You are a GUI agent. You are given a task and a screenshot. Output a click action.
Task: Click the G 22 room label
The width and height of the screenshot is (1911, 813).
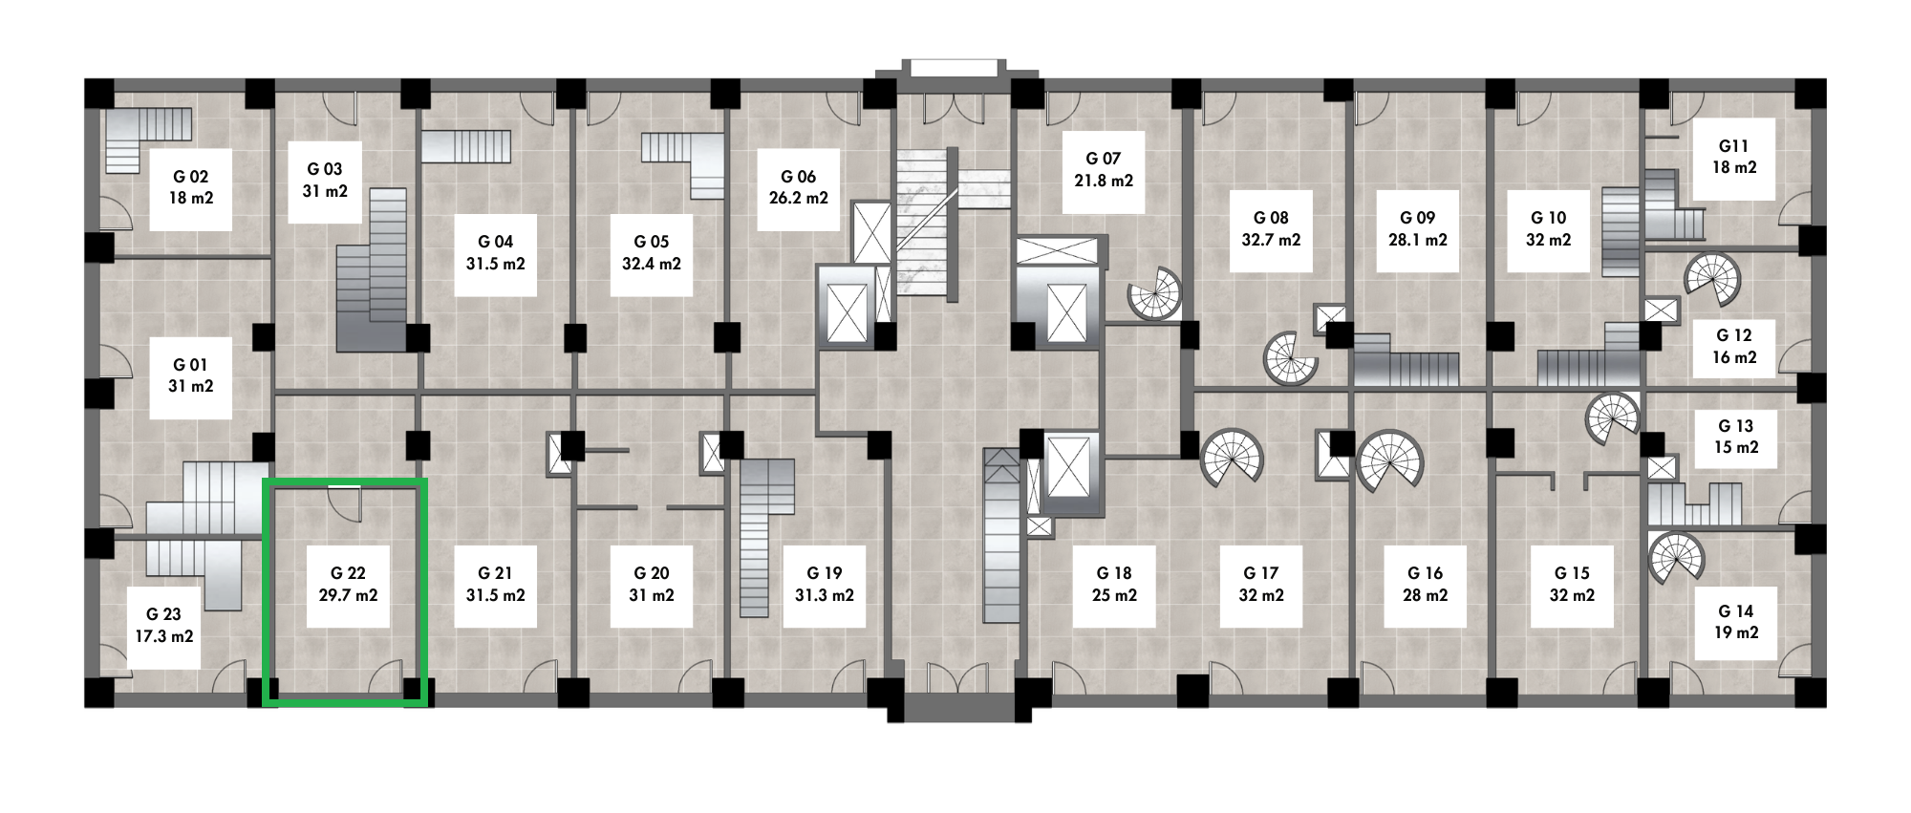[348, 573]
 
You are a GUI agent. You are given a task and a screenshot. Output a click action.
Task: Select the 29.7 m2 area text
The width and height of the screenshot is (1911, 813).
[348, 595]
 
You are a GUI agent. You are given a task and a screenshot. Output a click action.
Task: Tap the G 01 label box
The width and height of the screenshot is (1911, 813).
[191, 376]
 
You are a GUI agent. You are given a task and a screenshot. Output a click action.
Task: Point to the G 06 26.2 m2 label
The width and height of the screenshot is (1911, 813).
[799, 188]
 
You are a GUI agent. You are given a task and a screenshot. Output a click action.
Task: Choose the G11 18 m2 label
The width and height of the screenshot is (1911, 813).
[1734, 158]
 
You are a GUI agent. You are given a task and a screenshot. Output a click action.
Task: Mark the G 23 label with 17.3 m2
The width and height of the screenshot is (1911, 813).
[164, 625]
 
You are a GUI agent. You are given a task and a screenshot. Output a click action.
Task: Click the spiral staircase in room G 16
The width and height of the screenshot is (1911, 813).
[1388, 461]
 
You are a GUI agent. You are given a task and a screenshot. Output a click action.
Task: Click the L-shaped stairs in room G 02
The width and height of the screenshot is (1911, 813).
[147, 139]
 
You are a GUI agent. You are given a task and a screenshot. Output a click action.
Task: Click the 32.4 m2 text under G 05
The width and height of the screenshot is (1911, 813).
[652, 264]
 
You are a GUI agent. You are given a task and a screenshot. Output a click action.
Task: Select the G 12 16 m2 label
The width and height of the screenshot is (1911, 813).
[1734, 347]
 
